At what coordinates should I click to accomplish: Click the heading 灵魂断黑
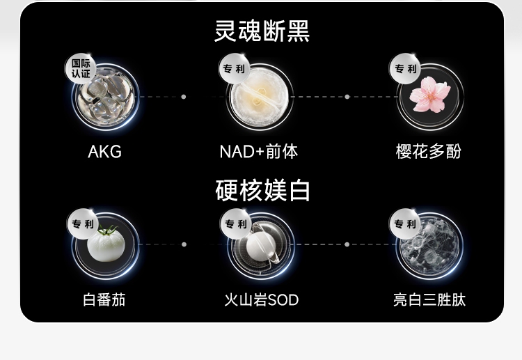click(261, 31)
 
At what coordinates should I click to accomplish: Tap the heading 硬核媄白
click(262, 191)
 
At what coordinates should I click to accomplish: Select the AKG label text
click(105, 151)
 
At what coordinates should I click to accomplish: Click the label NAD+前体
click(259, 151)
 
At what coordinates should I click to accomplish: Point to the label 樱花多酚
click(429, 151)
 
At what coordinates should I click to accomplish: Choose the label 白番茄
click(104, 300)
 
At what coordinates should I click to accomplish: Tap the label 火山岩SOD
click(261, 300)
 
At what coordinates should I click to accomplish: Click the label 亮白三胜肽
click(429, 300)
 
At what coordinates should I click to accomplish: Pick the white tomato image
click(106, 244)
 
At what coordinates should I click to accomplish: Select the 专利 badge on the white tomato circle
click(83, 224)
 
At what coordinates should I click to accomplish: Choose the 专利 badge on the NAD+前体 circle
click(235, 69)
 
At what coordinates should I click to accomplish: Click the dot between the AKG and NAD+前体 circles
click(184, 97)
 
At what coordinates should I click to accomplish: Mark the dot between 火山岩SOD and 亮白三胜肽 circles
click(347, 244)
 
